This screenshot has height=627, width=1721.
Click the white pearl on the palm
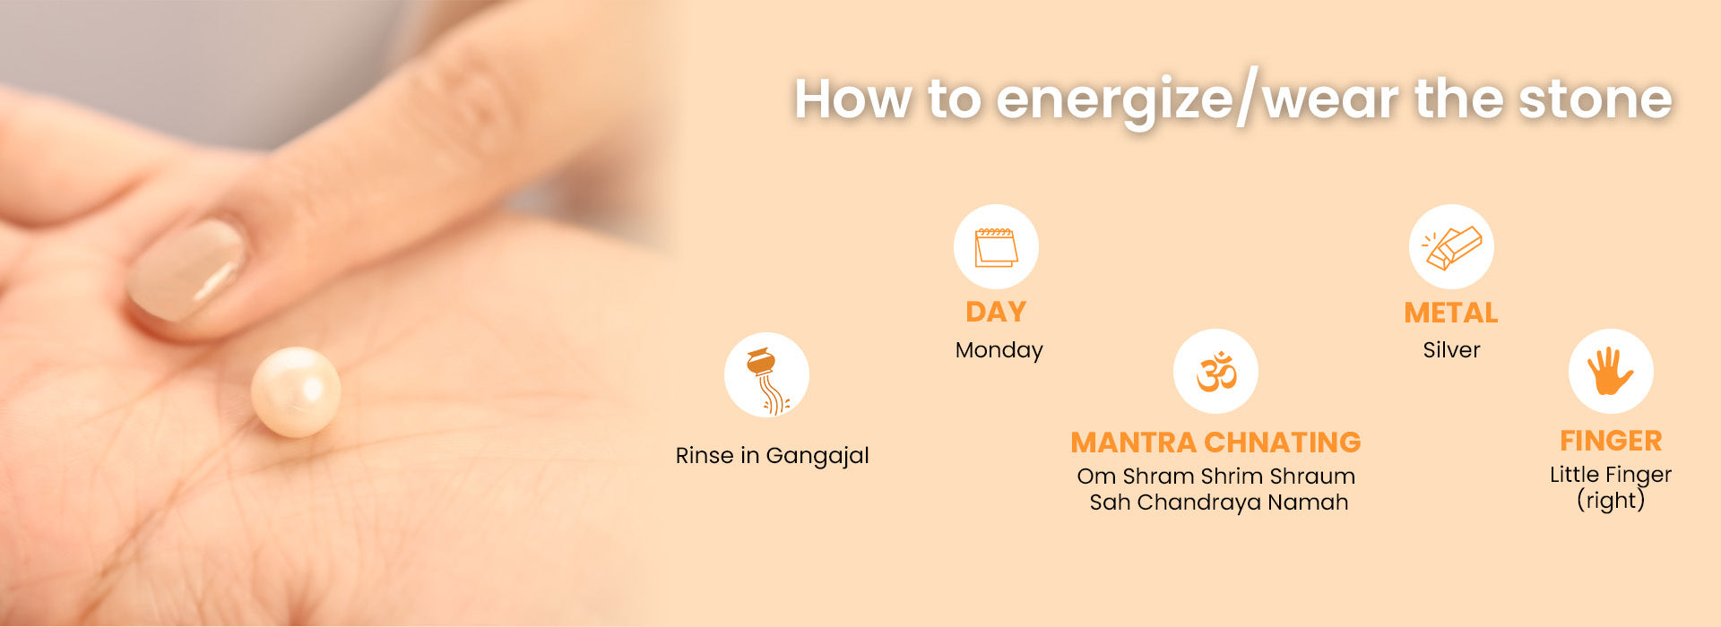296,392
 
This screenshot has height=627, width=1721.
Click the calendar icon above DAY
996,247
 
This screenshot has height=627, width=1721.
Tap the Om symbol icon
1216,371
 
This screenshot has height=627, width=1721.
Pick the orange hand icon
1610,371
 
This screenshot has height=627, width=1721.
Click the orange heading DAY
996,312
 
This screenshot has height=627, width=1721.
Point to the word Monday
999,350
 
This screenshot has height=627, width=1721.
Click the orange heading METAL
1451,313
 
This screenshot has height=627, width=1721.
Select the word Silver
1451,349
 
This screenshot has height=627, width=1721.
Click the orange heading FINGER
1611,441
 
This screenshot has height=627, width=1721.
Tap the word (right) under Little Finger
1611,500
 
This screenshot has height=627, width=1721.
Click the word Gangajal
817,456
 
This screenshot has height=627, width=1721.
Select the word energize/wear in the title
1198,100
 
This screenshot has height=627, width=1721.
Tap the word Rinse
705,456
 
